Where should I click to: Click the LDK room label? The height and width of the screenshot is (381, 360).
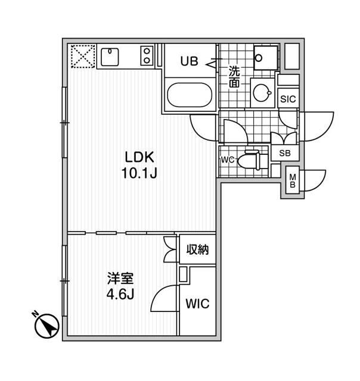tap(139, 157)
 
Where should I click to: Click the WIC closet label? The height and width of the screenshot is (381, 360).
tap(197, 304)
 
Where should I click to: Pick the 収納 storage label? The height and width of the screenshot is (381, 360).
tap(197, 250)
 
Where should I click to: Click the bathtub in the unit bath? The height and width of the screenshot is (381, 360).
tap(190, 95)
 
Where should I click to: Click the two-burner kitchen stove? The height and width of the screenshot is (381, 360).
tap(147, 57)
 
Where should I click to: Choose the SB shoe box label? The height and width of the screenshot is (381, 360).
tap(285, 152)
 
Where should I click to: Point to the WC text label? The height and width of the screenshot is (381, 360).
tap(227, 160)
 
